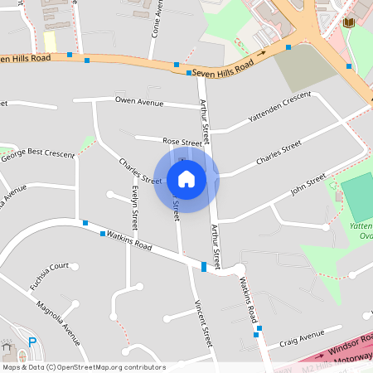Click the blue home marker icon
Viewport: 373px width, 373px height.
186,178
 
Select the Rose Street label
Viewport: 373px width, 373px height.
182,143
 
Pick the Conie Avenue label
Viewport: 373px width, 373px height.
155,19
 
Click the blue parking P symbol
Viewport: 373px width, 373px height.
32,342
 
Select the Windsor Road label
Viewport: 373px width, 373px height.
338,346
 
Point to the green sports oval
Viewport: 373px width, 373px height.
356,197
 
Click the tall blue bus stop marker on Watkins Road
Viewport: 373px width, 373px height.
204,266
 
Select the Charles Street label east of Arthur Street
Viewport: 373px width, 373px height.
279,153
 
